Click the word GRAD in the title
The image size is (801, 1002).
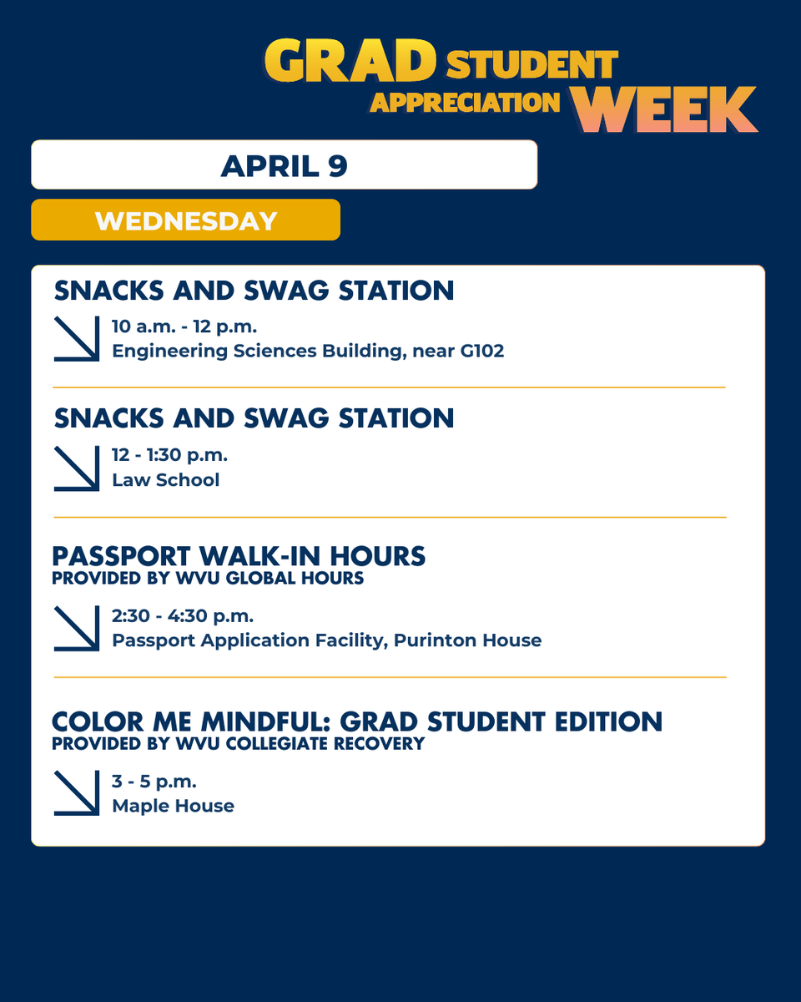(350, 62)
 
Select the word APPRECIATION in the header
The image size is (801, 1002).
(465, 102)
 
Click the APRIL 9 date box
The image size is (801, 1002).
(284, 164)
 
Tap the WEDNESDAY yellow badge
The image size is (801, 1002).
(185, 220)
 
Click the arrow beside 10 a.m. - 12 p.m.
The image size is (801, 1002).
(77, 339)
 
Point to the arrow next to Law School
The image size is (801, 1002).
(77, 468)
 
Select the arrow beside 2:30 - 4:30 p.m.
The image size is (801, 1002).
(77, 629)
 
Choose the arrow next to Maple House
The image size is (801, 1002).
(77, 793)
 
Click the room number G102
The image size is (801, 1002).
(481, 351)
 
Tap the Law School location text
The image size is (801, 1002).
(165, 480)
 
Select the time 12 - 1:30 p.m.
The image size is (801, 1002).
(169, 455)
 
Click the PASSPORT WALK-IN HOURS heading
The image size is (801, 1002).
(239, 555)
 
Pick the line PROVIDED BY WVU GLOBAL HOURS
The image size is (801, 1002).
(208, 578)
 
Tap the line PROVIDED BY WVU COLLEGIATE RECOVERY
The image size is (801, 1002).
(238, 743)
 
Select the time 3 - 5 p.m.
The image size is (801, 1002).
(154, 782)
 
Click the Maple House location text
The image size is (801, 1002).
(173, 806)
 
